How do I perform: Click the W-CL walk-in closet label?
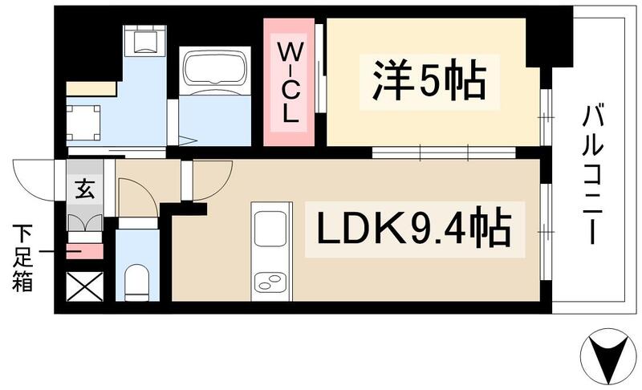pos(290,81)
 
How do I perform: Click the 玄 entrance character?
pos(83,190)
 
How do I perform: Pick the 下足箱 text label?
pos(22,258)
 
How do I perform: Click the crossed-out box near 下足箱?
pos(83,286)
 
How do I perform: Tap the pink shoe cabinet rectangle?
pos(83,251)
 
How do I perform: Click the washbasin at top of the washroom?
pos(144,40)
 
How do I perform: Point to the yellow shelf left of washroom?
pos(91,88)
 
